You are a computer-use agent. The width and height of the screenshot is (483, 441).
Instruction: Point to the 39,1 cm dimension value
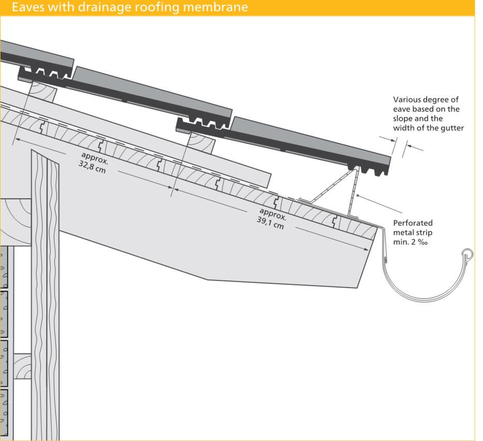pos(270,223)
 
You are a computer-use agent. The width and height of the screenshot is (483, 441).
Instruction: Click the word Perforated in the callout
pos(413,223)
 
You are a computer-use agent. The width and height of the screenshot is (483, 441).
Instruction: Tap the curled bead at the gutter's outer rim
pos(467,255)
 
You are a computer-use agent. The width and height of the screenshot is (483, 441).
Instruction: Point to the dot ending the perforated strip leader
pos(357,195)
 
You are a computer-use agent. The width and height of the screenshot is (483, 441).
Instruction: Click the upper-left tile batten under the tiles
pos(43,90)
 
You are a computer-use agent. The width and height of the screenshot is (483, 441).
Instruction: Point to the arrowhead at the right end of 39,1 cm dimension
pos(366,249)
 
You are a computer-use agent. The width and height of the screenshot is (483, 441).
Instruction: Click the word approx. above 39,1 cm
pos(273,214)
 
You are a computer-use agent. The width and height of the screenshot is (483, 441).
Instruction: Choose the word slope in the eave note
pos(402,118)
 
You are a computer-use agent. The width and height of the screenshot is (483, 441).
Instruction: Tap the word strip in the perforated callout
pos(426,233)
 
